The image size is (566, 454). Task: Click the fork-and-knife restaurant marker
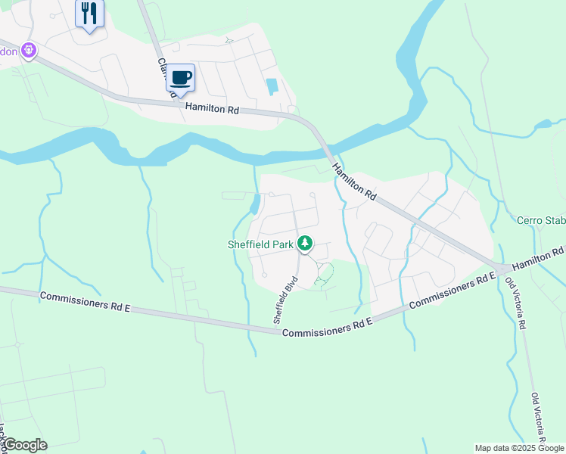[x=89, y=14]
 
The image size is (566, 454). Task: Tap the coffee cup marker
[x=180, y=78]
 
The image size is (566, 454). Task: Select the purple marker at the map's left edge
[x=29, y=51]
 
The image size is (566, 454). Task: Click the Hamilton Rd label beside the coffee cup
[x=213, y=109]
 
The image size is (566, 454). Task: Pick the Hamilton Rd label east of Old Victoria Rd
[x=540, y=258]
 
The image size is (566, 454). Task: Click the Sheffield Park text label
[x=260, y=244]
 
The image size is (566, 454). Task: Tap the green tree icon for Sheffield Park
[x=305, y=244]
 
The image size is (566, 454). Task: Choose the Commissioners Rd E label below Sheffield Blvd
[x=327, y=328]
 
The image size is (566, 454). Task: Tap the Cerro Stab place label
[x=540, y=221]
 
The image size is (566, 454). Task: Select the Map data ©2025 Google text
[x=520, y=448]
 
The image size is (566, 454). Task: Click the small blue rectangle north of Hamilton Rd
[x=272, y=86]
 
